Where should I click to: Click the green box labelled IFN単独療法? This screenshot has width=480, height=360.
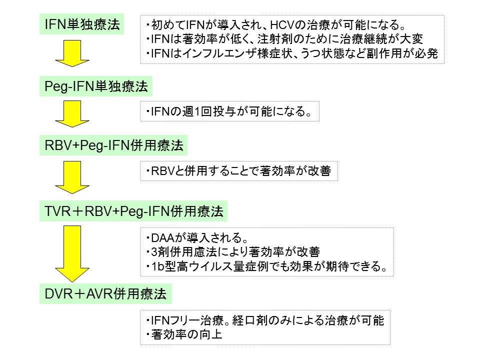[82, 24]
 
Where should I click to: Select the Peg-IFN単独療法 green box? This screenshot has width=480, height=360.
[96, 87]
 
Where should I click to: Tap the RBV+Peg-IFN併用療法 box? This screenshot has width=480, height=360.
[114, 146]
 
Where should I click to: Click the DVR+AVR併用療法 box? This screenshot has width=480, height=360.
[105, 293]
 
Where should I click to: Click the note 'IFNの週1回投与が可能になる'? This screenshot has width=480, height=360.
[229, 113]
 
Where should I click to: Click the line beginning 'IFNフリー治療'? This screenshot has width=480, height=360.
[264, 320]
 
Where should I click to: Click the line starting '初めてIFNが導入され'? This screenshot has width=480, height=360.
[275, 24]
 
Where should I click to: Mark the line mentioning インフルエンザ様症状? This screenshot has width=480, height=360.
[292, 54]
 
